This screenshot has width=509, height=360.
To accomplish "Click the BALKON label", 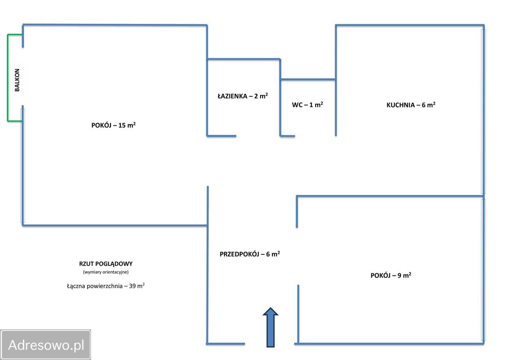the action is (17, 80).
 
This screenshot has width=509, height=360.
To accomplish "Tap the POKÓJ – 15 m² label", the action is (113, 125).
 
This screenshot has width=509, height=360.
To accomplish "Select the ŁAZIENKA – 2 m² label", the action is (243, 96).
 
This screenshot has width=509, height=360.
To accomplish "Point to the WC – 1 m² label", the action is (307, 105).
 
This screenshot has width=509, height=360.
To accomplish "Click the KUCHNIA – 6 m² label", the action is (411, 105).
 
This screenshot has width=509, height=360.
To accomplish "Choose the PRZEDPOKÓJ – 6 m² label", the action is (250, 254).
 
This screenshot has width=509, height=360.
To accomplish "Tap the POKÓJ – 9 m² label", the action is (391, 275).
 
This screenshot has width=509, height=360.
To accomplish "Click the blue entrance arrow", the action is (270, 327).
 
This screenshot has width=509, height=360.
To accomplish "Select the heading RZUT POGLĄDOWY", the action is (106, 264).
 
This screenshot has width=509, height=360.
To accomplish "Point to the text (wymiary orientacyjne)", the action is (106, 272).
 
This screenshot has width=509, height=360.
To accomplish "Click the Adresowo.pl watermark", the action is (46, 345).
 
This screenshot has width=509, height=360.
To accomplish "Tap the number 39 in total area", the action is (132, 286).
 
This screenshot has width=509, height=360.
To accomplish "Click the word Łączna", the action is (76, 286).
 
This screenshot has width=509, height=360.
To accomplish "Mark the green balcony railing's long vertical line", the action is (8, 78).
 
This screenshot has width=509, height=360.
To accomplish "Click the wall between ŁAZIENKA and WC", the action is (280, 97).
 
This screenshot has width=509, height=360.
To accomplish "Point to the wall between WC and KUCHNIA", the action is (336, 80).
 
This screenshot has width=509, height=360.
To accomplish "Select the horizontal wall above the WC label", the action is (308, 79).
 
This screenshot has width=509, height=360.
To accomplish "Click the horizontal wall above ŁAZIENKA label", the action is (244, 59).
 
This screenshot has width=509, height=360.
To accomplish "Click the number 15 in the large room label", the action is (122, 125).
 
